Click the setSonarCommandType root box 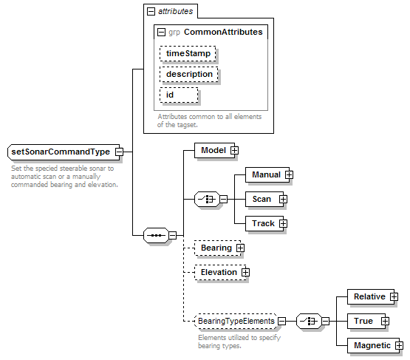click(x=64, y=152)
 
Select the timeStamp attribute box click(x=188, y=54)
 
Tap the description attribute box click(x=189, y=75)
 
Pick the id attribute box click(x=179, y=95)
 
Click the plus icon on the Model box click(x=234, y=151)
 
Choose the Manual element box click(x=267, y=174)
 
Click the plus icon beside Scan click(x=283, y=200)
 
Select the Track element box click(x=264, y=223)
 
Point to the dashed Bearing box click(x=217, y=248)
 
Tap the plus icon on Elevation click(x=245, y=272)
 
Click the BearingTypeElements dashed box click(x=236, y=321)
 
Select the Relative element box click(x=371, y=296)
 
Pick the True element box click(x=366, y=321)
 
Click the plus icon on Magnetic click(x=399, y=346)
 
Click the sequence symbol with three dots click(x=156, y=236)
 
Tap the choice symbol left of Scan click(x=207, y=200)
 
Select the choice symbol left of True click(x=309, y=321)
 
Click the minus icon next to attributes click(x=151, y=12)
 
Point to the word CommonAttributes click(x=223, y=32)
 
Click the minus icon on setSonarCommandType click(x=119, y=152)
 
